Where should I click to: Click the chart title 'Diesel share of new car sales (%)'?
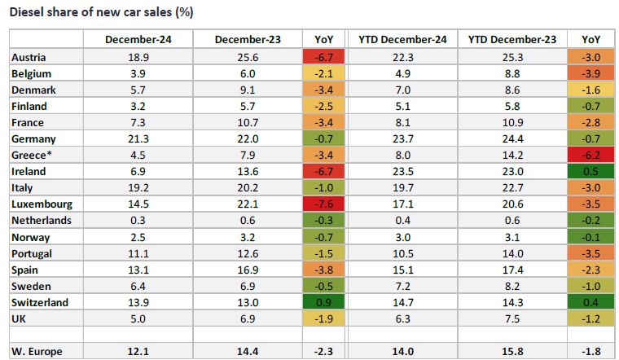pyautogui.click(x=102, y=13)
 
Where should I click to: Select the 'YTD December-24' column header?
pyautogui.click(x=406, y=39)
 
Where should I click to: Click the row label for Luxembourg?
pyautogui.click(x=41, y=203)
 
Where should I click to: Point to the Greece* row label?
pyautogui.click(x=34, y=155)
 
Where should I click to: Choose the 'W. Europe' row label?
pyautogui.click(x=38, y=350)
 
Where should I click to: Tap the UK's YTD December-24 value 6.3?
pyautogui.click(x=406, y=318)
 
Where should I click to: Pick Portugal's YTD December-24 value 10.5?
pyautogui.click(x=406, y=252)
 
